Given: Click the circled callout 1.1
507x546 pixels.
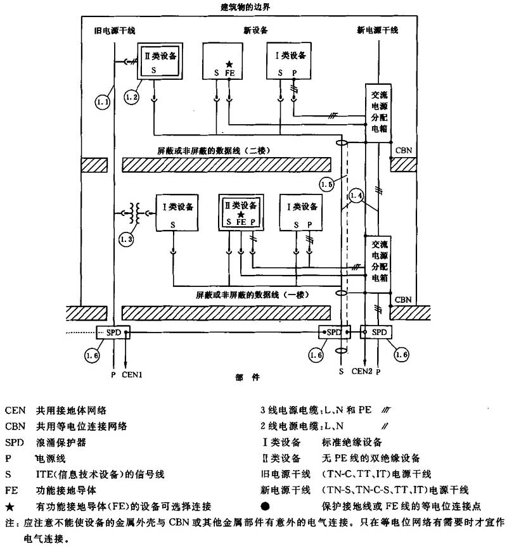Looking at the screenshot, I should (x=103, y=101).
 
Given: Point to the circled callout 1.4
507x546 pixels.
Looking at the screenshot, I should (x=357, y=196).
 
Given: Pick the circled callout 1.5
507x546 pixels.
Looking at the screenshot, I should (x=326, y=184).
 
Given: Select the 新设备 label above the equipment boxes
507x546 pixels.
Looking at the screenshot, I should (x=255, y=30).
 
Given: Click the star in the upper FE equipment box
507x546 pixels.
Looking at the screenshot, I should (x=230, y=64).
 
